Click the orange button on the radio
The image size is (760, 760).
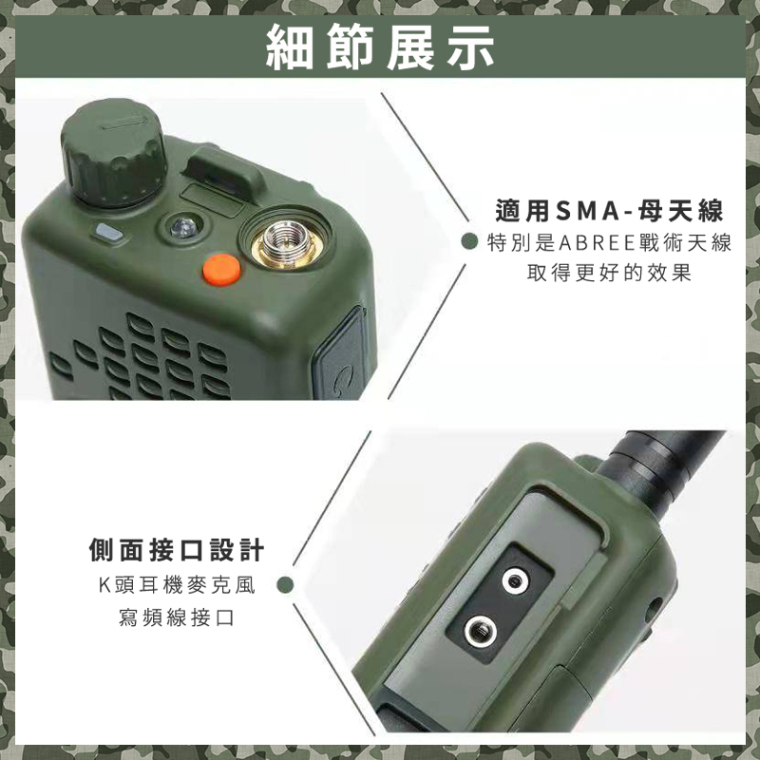(x=221, y=270)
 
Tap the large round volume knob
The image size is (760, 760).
(x=113, y=151)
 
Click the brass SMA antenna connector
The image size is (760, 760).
(x=287, y=244)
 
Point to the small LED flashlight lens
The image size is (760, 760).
(x=182, y=227)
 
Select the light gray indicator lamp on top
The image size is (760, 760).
(x=109, y=232)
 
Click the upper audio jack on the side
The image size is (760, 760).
(x=515, y=580)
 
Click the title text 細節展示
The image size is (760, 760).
(x=380, y=47)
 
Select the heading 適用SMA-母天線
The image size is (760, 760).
(x=609, y=211)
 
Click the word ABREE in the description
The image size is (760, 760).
(x=598, y=243)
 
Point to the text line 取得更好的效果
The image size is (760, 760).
(x=609, y=274)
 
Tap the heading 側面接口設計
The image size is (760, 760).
(x=177, y=550)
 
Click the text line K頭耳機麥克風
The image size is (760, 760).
(x=177, y=585)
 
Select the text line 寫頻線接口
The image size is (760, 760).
(x=177, y=617)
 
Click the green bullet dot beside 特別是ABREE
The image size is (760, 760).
(x=469, y=241)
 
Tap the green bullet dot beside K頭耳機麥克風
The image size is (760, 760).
(x=286, y=585)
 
